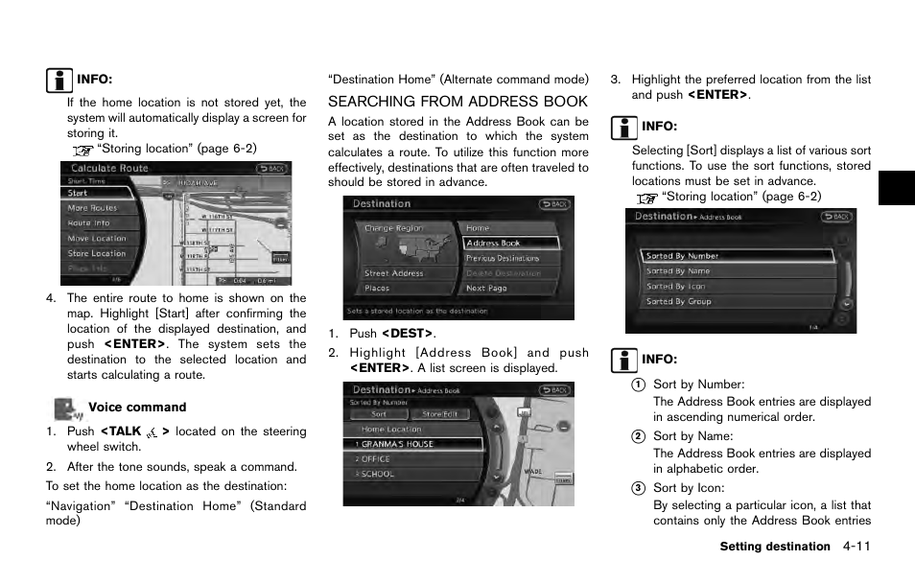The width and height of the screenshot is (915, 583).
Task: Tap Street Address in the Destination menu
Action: [395, 273]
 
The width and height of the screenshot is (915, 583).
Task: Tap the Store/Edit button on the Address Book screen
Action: [439, 414]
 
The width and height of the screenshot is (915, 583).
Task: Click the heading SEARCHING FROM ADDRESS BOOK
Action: [457, 102]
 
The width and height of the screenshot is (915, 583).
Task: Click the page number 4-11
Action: [856, 547]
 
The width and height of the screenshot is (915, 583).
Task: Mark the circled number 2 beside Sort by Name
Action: [637, 436]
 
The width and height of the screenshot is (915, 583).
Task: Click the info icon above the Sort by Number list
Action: [623, 361]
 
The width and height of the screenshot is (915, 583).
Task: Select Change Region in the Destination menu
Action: [393, 228]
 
